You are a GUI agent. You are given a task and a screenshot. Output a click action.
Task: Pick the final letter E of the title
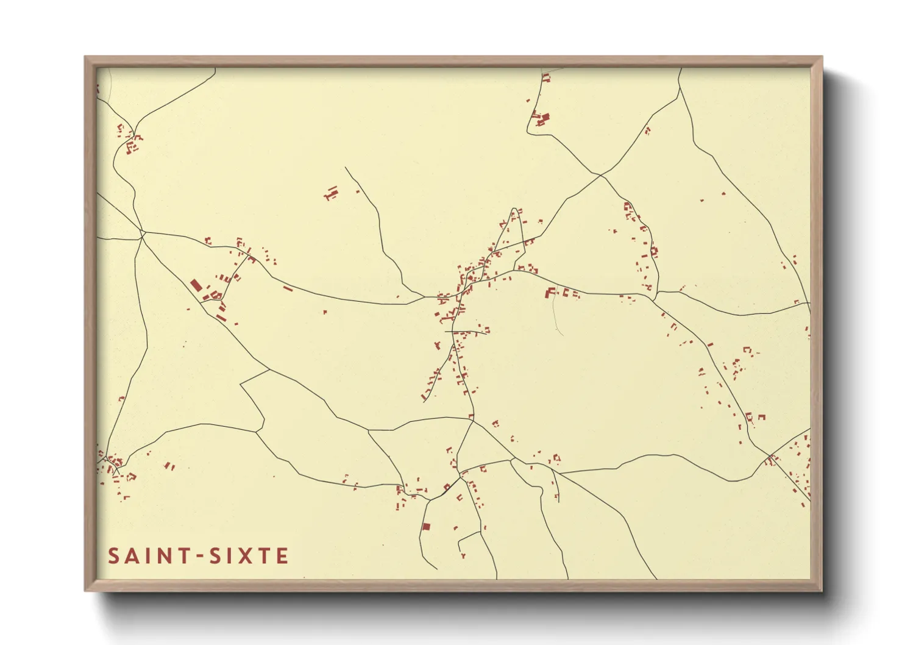pos(282,556)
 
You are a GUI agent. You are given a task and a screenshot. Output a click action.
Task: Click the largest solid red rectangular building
pos(196,285)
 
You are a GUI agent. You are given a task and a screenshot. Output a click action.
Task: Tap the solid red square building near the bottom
pos(426,526)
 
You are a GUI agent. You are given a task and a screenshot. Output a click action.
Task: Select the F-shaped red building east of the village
pos(550,292)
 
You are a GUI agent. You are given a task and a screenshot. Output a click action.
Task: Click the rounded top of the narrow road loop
pos(516,210)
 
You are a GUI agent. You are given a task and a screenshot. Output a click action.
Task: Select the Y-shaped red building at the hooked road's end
pos(463,555)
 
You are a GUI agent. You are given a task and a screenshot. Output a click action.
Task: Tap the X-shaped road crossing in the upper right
pos(601,176)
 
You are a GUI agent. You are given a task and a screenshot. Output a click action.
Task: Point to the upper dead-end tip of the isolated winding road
pos(345,168)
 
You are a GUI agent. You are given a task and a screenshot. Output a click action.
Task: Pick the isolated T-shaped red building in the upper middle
pos(332,194)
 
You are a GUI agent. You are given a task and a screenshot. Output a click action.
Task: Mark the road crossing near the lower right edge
pos(771,456)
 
